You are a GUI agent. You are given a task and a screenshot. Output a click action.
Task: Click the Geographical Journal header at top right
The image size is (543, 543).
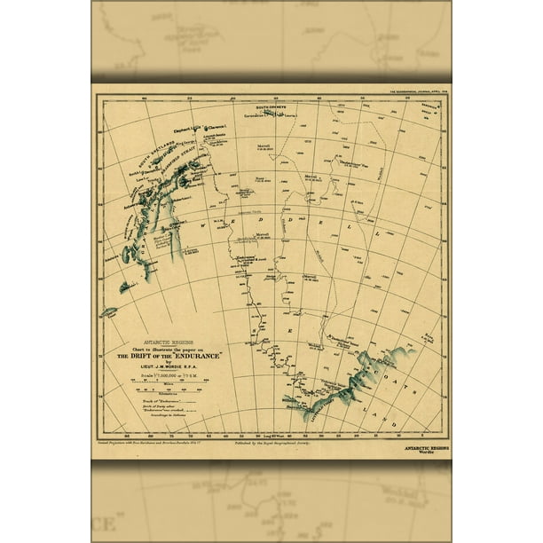[x=413, y=91]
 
